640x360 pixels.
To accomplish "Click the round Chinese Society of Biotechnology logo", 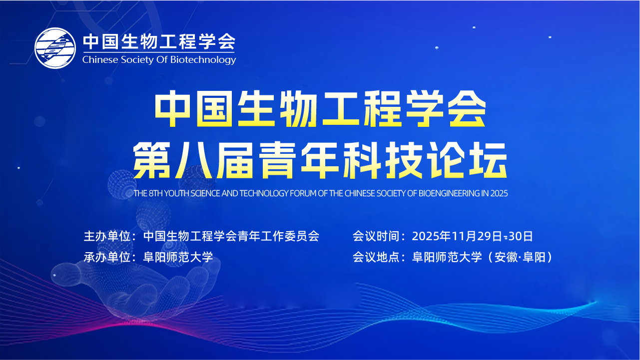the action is [x=55, y=48].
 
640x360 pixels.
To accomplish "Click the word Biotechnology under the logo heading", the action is [x=203, y=60].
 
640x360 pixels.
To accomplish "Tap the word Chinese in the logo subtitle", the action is [x=100, y=59].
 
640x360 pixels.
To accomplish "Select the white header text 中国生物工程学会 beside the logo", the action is [x=159, y=41].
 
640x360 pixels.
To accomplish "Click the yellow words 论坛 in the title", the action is [x=469, y=160].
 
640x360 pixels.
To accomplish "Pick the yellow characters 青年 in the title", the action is [x=299, y=160].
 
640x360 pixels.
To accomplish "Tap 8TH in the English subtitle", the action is [x=155, y=193].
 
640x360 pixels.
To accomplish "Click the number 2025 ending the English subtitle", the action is [x=499, y=193].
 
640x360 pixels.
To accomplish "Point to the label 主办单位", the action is [x=107, y=236].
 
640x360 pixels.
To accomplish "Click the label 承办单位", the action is [x=107, y=257].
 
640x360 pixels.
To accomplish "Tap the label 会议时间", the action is [x=376, y=236].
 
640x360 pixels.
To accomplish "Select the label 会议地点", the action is [x=376, y=257].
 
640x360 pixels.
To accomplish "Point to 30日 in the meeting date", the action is [x=521, y=236].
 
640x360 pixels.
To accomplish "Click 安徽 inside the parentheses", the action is [x=506, y=257].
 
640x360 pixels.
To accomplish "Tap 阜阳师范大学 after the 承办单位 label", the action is [x=178, y=257].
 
